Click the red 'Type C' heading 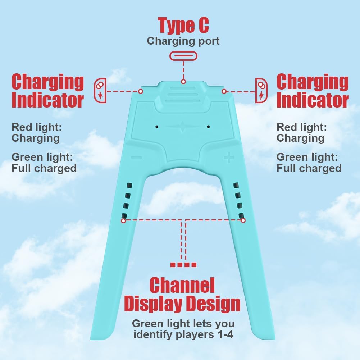(183, 26)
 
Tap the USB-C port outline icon (183, 56)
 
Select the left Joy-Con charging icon (100, 91)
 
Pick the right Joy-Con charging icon (261, 91)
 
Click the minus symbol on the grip (136, 158)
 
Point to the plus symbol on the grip (229, 158)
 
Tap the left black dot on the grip (157, 127)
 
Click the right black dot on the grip (208, 127)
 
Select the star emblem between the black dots (182, 127)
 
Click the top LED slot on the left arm (129, 186)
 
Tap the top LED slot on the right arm (236, 185)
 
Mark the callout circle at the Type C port (183, 82)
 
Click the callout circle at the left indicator (141, 91)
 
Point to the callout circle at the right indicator (224, 91)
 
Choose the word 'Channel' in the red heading (182, 285)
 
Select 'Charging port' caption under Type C (183, 41)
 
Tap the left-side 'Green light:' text (42, 158)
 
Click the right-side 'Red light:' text (301, 127)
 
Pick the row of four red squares (183, 265)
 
